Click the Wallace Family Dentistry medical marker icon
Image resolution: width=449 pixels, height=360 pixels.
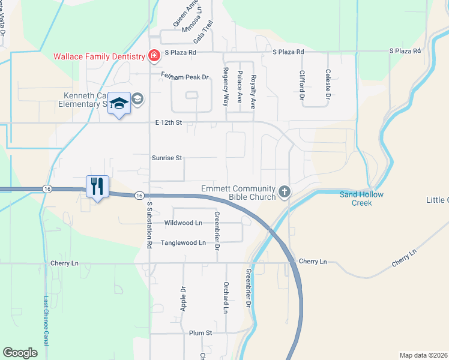pos(154,56)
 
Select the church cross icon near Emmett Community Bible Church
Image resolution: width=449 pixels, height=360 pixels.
pos(285,192)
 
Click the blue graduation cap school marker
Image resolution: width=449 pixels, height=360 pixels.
pos(119,104)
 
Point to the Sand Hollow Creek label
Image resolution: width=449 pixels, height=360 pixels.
pos(361,199)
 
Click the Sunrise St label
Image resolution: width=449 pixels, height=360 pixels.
pos(167,158)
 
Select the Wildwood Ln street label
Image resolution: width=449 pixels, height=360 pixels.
pos(183,223)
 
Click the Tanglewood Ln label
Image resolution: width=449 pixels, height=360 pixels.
pos(183,243)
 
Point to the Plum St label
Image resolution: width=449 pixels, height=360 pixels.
pos(201,333)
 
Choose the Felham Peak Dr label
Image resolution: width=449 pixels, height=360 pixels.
pos(184,77)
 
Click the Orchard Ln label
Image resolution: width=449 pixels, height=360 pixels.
pos(226,297)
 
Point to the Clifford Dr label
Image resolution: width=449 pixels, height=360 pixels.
pos(302,85)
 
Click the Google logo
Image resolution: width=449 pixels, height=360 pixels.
pos(20,353)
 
